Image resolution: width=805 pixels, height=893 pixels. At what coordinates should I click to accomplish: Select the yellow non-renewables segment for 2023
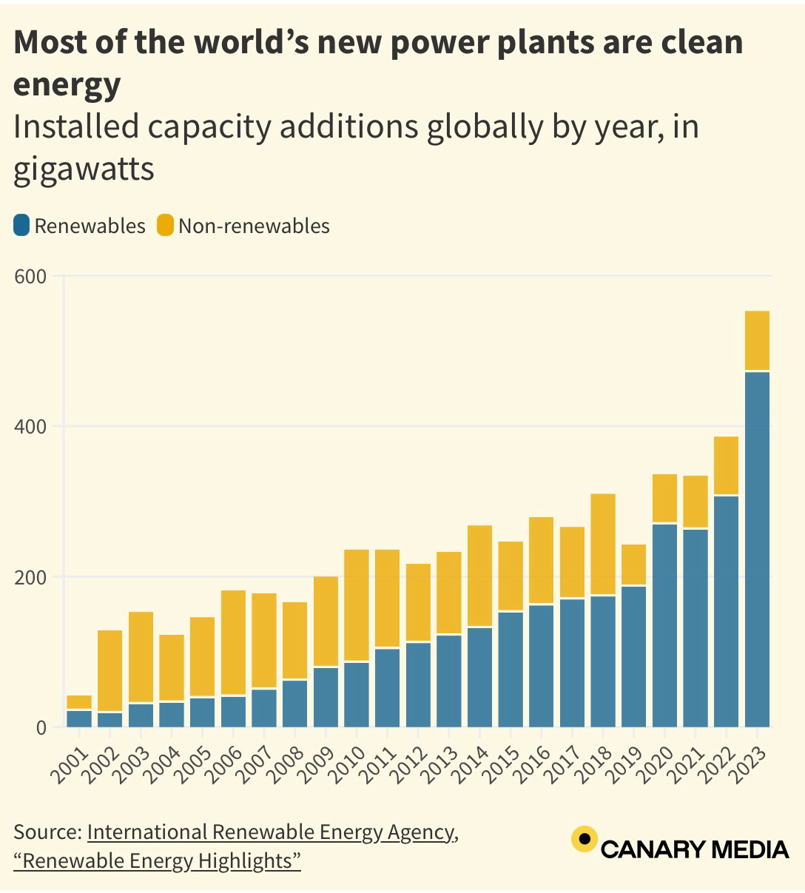click(x=757, y=340)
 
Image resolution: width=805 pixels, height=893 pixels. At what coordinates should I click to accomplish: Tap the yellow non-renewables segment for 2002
click(x=110, y=670)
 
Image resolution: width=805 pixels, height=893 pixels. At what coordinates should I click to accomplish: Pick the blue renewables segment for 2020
click(x=664, y=625)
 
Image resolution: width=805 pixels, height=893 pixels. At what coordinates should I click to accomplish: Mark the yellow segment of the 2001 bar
click(x=79, y=702)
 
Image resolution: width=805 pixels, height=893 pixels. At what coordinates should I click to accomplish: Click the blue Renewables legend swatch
click(x=21, y=226)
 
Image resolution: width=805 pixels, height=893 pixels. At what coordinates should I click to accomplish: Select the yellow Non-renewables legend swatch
click(x=165, y=226)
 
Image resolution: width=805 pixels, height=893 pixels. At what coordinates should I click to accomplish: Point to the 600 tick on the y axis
click(x=30, y=277)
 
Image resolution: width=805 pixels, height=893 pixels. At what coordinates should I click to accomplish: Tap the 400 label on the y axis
click(x=30, y=427)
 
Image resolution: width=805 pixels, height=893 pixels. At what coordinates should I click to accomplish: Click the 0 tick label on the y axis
click(x=40, y=728)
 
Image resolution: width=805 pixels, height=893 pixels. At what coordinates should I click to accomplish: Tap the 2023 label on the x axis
click(x=747, y=762)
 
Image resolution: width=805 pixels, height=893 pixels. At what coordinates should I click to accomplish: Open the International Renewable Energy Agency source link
click(x=271, y=832)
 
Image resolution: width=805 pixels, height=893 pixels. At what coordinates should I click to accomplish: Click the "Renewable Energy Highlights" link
click(x=157, y=861)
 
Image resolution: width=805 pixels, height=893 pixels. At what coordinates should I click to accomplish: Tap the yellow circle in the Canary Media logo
click(x=584, y=839)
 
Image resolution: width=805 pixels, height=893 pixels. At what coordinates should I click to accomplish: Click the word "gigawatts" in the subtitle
click(x=84, y=168)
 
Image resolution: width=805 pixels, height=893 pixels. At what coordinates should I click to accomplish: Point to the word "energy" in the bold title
click(x=67, y=84)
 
